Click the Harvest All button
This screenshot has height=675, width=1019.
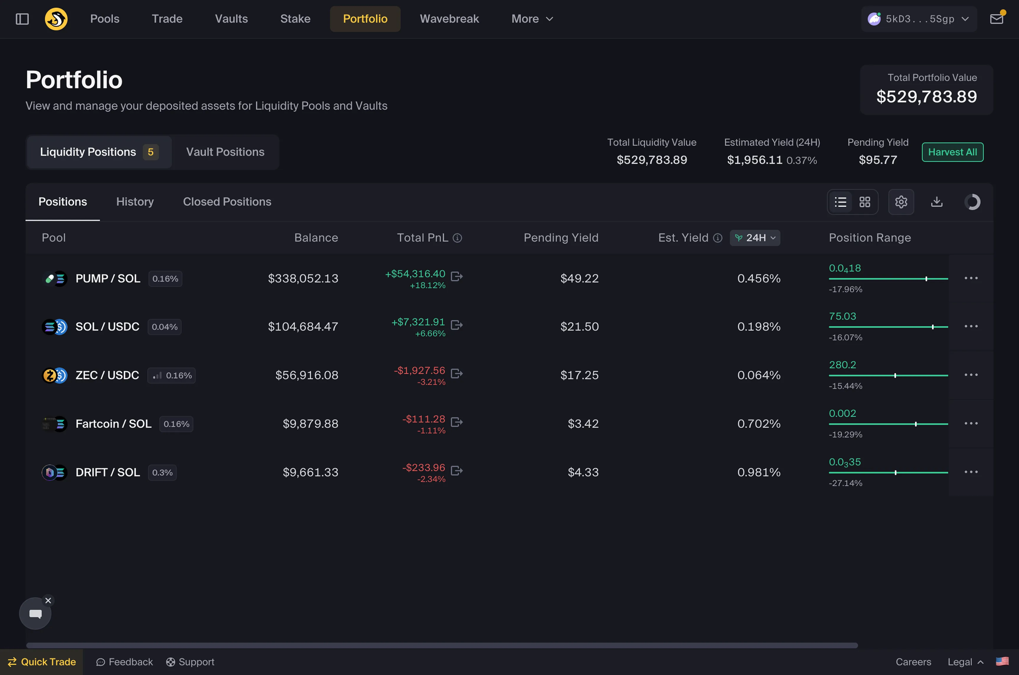tap(952, 152)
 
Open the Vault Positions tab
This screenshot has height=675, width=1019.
tap(225, 152)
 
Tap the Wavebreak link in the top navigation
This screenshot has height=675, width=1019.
tap(449, 19)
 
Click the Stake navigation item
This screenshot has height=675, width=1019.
tap(295, 19)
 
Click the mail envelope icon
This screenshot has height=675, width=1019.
tap(996, 19)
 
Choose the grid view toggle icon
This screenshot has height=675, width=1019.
tap(865, 202)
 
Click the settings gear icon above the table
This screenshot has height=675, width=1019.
tap(901, 202)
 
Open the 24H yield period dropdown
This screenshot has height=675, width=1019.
tap(755, 238)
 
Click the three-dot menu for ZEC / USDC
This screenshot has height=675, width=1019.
tap(971, 375)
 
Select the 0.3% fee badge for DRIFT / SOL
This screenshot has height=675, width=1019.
tap(162, 472)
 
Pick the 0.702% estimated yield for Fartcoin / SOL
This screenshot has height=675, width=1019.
tap(759, 424)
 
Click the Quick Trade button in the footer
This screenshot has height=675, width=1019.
tap(42, 662)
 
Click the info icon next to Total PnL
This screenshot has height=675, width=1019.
tap(457, 238)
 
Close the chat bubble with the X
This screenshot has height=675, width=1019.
tap(48, 601)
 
